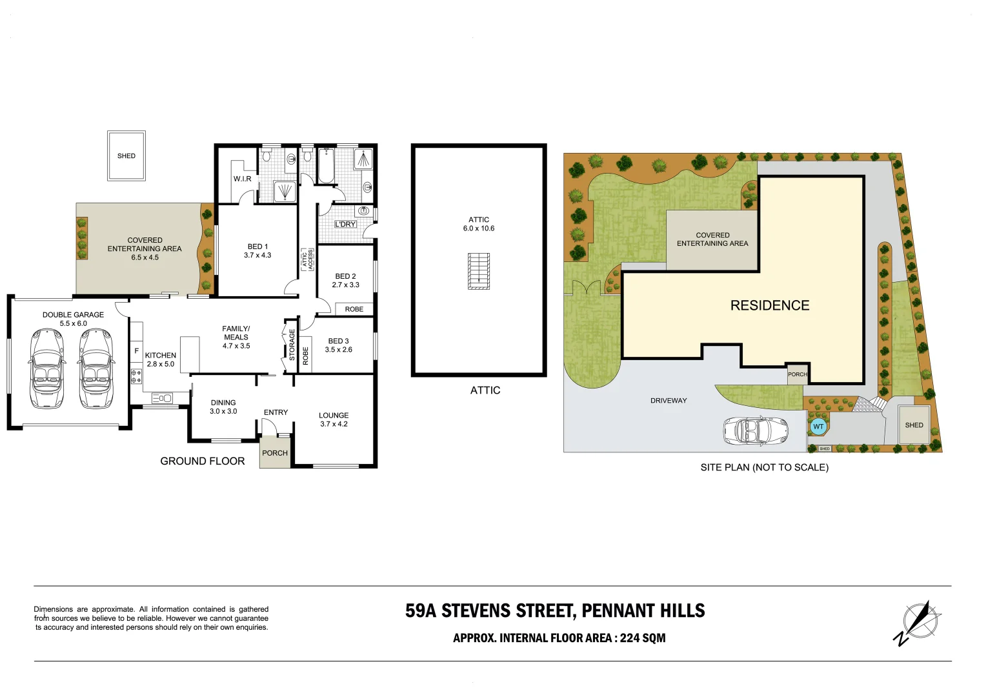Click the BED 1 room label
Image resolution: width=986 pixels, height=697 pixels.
click(257, 247)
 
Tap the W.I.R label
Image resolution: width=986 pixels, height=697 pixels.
click(243, 179)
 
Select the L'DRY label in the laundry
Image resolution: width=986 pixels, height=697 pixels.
click(345, 224)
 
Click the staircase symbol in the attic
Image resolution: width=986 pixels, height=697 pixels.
click(478, 271)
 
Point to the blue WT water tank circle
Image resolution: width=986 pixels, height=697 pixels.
click(818, 426)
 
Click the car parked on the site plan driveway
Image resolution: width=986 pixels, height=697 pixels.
click(756, 431)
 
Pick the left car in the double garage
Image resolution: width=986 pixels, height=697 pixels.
click(47, 369)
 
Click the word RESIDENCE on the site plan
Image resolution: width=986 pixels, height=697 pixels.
click(770, 305)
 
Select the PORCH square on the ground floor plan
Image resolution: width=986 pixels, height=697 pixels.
click(275, 452)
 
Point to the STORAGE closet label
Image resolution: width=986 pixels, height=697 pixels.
click(292, 345)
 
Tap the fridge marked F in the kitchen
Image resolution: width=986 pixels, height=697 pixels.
click(136, 351)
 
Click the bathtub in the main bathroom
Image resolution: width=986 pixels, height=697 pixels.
click(326, 165)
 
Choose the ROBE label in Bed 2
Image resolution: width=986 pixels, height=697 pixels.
click(354, 309)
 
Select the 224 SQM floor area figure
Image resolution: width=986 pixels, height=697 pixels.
click(643, 638)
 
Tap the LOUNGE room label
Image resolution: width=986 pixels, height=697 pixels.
click(334, 415)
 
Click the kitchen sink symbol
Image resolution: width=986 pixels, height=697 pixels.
click(162, 398)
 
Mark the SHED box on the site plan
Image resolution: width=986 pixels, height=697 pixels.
click(914, 425)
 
